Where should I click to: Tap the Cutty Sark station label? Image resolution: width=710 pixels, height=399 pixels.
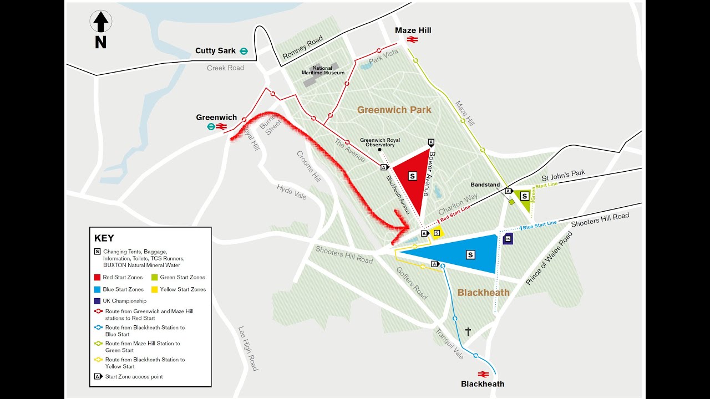(215, 51)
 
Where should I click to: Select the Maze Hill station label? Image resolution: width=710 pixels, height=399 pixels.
(413, 30)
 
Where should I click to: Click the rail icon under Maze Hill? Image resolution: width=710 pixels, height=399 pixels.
(412, 39)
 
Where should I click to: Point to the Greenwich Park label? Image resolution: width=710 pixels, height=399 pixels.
(394, 110)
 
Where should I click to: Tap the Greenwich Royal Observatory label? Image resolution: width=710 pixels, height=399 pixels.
(380, 142)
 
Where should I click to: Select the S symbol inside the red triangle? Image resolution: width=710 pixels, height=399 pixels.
(412, 176)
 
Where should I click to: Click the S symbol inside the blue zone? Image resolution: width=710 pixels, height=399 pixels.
(470, 255)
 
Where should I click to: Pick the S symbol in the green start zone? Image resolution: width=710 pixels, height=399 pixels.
(524, 196)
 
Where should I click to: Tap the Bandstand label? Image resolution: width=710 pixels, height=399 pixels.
(485, 185)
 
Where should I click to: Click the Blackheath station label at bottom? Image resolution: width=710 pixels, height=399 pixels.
(483, 384)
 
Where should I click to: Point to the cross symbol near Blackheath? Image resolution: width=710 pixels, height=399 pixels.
(468, 331)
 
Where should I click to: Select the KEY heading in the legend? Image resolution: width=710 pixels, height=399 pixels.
(104, 238)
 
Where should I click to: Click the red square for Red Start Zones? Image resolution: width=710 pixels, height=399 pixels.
(97, 277)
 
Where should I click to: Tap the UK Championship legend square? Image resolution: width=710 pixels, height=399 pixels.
(97, 301)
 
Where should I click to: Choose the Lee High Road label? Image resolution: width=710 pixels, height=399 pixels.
(247, 348)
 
